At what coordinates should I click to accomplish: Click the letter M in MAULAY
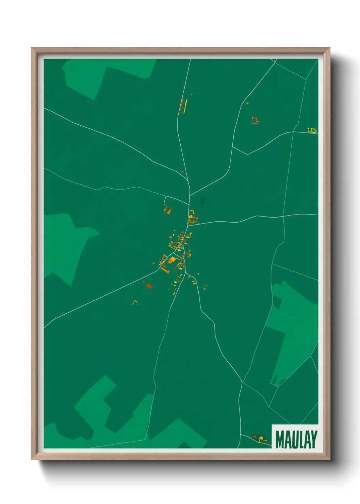click(280, 440)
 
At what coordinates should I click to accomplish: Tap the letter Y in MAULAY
click(313, 440)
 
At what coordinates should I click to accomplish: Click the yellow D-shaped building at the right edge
click(313, 130)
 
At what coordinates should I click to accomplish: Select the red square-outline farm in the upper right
click(255, 120)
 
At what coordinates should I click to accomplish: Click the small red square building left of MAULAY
click(255, 437)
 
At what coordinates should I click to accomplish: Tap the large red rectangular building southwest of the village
click(149, 286)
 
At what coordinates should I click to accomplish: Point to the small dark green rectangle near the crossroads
click(203, 201)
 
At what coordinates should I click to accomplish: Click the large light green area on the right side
click(296, 324)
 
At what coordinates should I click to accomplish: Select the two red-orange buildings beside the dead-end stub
click(167, 210)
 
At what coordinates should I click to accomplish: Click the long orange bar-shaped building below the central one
click(165, 270)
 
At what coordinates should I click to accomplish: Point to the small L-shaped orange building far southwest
click(135, 302)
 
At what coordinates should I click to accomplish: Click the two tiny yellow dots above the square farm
click(247, 103)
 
